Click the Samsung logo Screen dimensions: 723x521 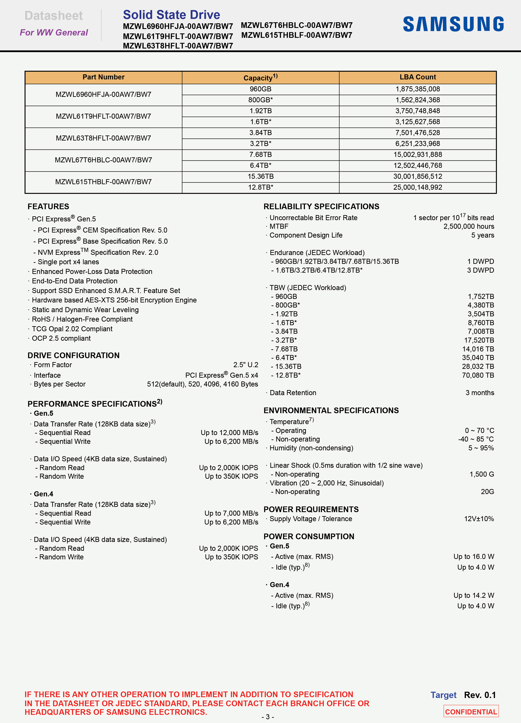[x=453, y=24]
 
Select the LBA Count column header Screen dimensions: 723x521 [x=418, y=77]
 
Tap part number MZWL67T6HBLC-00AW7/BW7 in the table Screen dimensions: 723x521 [x=103, y=160]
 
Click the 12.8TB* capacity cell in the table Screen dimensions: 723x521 [x=260, y=187]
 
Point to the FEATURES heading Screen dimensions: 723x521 [x=48, y=206]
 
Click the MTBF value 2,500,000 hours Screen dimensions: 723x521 [x=468, y=227]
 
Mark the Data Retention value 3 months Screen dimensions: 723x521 [x=480, y=393]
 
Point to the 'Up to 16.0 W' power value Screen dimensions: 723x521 [x=474, y=557]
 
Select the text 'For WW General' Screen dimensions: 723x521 [x=54, y=33]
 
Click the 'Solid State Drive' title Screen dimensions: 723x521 [x=171, y=15]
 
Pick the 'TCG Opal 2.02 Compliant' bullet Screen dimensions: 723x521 [x=72, y=329]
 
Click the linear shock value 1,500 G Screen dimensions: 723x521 [x=481, y=474]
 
